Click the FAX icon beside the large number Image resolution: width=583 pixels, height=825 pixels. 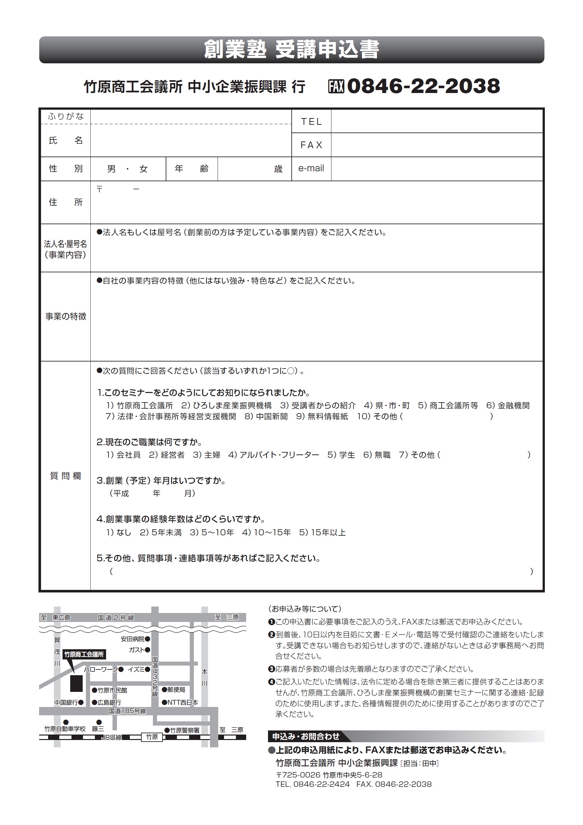tap(336, 86)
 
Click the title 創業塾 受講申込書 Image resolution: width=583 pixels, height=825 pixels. tap(292, 50)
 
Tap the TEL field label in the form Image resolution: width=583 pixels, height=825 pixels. tap(311, 122)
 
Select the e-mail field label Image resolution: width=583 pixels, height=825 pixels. tap(311, 168)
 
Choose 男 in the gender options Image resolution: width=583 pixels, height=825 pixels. tap(111, 169)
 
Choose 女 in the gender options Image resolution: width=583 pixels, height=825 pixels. tap(144, 169)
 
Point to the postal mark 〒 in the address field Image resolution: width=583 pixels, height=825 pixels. tap(99, 189)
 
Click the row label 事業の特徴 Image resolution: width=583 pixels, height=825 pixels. tap(66, 316)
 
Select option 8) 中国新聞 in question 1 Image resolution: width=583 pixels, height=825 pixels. tap(266, 416)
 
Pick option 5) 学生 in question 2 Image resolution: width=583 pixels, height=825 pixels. tap(341, 455)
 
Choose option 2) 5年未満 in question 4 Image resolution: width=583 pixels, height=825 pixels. tap(161, 532)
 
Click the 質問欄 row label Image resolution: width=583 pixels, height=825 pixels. tap(66, 476)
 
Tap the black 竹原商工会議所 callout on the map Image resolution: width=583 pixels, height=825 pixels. tap(84, 654)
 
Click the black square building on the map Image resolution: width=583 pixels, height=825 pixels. tap(76, 683)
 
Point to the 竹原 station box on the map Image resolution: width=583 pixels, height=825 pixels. tap(152, 737)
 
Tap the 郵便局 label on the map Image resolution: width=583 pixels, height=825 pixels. tap(176, 690)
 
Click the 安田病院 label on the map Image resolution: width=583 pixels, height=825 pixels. tap(132, 639)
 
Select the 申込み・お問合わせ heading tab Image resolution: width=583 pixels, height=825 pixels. tap(305, 736)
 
